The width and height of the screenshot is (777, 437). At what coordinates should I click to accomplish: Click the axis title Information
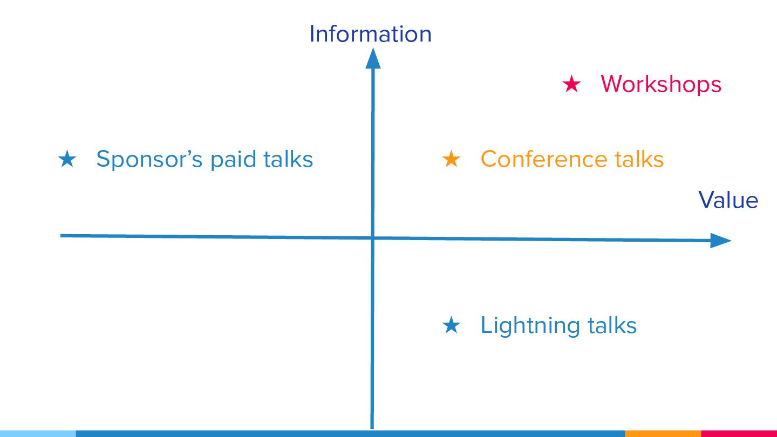(x=370, y=34)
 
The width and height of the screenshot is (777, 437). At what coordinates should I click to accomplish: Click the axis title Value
(x=728, y=200)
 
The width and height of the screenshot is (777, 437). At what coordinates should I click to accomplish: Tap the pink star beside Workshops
(x=571, y=84)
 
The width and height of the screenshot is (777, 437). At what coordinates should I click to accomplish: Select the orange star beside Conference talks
(x=451, y=159)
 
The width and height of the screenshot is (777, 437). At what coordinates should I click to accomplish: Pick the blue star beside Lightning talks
(x=451, y=325)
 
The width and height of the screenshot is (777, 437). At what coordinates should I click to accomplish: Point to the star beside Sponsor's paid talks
(x=67, y=159)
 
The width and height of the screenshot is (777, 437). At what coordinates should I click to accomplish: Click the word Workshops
(x=661, y=84)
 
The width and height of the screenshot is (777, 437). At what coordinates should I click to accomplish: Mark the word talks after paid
(x=288, y=159)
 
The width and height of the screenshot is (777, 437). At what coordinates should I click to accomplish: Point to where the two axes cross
(x=372, y=238)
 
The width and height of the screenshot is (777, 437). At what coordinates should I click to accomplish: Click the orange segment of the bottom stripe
(x=663, y=433)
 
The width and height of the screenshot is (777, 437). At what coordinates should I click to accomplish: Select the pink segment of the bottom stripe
(x=739, y=433)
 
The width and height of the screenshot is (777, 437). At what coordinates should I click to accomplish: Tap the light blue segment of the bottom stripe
(x=38, y=433)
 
